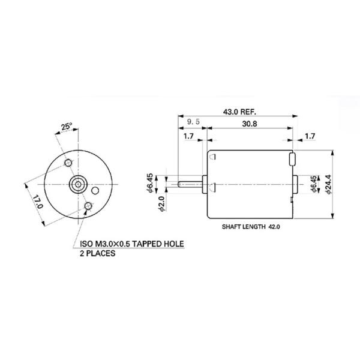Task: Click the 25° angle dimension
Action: pos(67,127)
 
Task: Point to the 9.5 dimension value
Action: pos(193,122)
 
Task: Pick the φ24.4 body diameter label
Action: pos(327,185)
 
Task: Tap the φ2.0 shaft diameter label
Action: pos(161,204)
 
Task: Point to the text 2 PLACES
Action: pos(98,254)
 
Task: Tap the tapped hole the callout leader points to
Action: pos(89,206)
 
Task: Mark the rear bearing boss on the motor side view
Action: pos(297,184)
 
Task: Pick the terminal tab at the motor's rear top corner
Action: pos(292,160)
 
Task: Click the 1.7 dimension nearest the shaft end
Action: pos(188,137)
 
